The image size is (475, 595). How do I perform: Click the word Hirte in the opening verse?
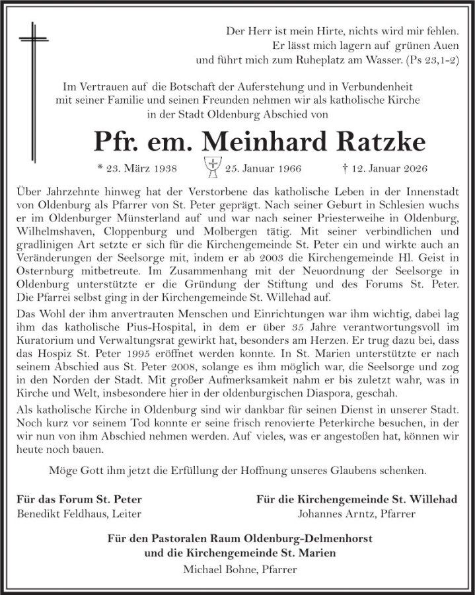(312, 30)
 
